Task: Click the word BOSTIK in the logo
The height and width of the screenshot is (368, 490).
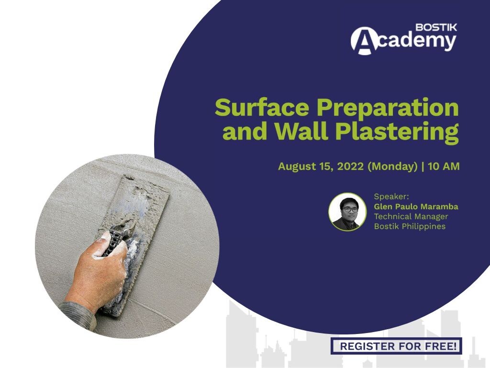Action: point(436,27)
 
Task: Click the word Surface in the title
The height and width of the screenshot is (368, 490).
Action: point(262,107)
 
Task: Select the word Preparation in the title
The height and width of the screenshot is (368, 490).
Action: point(388,108)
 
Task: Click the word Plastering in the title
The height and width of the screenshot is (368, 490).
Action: point(397,132)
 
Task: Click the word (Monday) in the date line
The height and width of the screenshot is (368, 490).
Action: point(392,166)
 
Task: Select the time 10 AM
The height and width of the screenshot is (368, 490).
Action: point(444,166)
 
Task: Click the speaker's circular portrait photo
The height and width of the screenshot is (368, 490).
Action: point(347,212)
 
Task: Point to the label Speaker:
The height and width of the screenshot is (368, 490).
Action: point(391,196)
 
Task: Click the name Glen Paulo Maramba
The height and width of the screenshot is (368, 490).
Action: point(416,207)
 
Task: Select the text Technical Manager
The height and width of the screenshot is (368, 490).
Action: point(411,217)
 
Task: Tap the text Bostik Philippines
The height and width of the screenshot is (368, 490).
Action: point(410,226)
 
